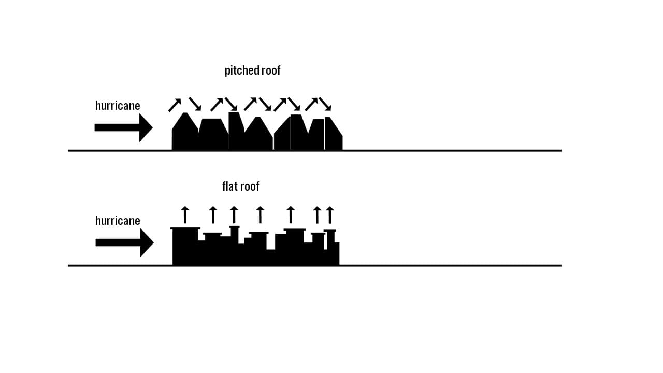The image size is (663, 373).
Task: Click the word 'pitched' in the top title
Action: [238, 70]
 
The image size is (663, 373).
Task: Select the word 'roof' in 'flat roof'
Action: [250, 187]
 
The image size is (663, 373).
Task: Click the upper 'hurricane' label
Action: [118, 106]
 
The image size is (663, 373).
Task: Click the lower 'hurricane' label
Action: [118, 221]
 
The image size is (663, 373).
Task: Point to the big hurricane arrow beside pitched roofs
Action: [124, 127]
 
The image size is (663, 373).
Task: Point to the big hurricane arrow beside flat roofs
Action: [125, 242]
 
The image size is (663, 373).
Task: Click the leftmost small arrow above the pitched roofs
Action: [175, 105]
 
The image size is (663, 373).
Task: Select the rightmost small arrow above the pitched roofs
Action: [325, 104]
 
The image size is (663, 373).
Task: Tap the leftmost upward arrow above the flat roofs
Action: [185, 214]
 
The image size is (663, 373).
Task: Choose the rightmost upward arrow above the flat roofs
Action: [330, 214]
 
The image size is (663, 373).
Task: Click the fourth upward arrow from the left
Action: [260, 214]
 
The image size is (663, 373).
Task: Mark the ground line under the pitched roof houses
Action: [315, 151]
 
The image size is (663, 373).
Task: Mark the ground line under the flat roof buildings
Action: [315, 266]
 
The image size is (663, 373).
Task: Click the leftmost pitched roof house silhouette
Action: [185, 132]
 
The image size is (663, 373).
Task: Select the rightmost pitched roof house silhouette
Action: [334, 134]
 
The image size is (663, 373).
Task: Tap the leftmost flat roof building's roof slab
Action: [185, 228]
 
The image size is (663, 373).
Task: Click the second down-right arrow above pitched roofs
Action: [231, 104]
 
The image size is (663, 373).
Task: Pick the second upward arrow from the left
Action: [213, 214]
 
